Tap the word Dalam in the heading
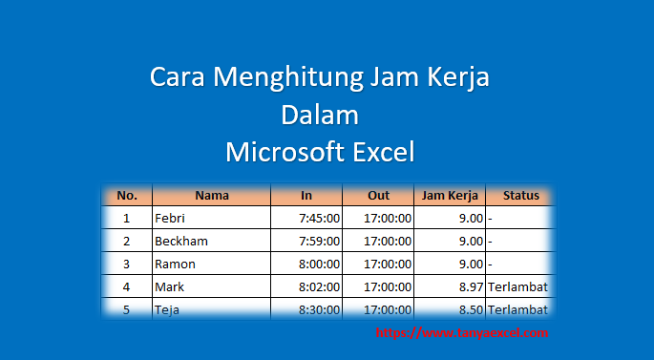click(320, 115)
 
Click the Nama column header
click(211, 196)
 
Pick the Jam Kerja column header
click(449, 196)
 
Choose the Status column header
click(520, 196)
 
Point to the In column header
click(306, 196)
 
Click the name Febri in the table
click(168, 219)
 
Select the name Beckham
click(180, 242)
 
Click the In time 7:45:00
click(319, 219)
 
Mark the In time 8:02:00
click(319, 286)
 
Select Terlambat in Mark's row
click(517, 286)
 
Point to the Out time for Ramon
click(388, 264)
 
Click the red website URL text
click(462, 333)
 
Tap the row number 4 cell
click(126, 286)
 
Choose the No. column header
click(127, 196)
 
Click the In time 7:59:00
click(319, 242)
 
